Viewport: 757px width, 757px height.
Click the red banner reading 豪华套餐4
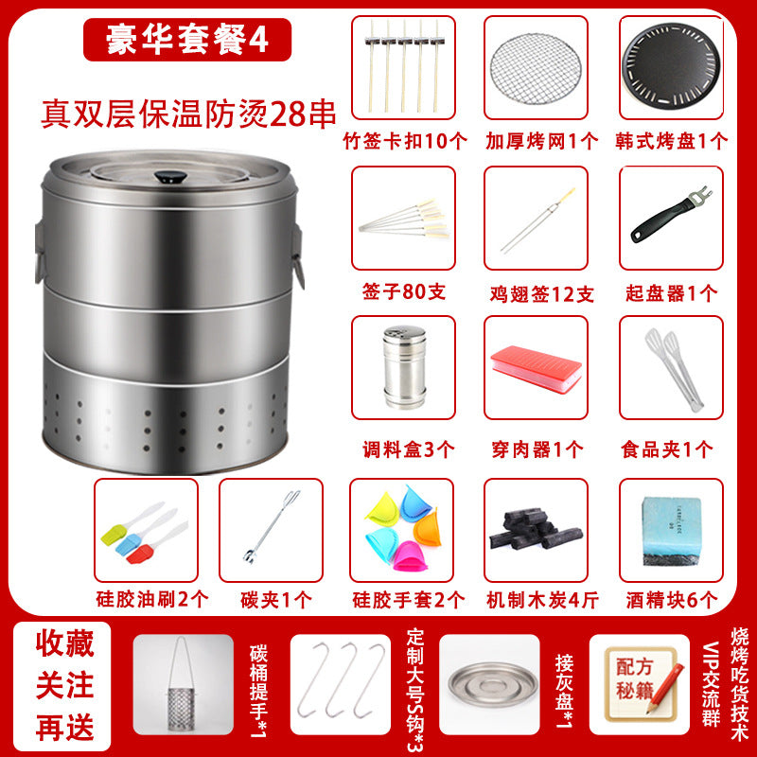tap(187, 40)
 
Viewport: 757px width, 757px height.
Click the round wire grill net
tap(536, 68)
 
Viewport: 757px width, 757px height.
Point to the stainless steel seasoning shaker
tap(405, 367)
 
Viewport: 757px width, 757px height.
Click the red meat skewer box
tap(536, 369)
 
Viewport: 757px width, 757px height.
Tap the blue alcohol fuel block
tap(671, 531)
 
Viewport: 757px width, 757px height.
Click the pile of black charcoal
tap(536, 529)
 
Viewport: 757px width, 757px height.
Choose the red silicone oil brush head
tap(138, 555)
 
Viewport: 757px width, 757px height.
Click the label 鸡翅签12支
tap(541, 293)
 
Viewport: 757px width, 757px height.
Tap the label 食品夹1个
tap(666, 449)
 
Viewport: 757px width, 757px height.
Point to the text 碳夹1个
tap(276, 600)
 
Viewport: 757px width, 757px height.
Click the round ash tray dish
tap(492, 684)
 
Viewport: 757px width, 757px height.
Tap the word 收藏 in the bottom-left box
tap(64, 643)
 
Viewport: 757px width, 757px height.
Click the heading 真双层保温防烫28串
tap(188, 114)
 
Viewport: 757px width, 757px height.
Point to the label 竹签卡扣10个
tap(405, 141)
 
